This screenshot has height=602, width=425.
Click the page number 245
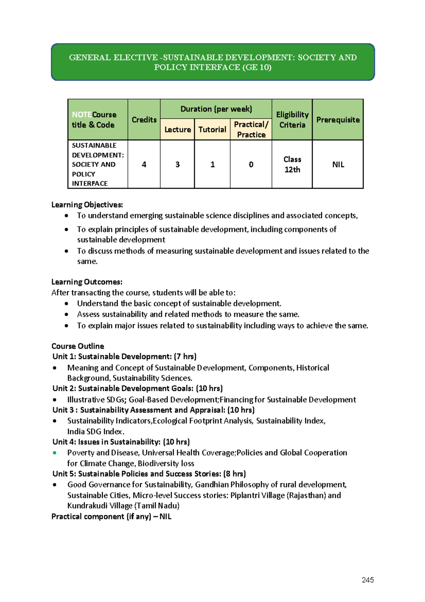[368, 580]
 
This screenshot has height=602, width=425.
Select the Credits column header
[144, 120]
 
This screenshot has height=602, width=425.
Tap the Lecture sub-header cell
[177, 130]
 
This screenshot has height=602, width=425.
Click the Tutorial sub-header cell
[212, 130]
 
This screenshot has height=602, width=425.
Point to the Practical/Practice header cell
[251, 130]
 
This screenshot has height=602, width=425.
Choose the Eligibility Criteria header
[292, 120]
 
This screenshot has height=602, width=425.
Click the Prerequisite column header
[338, 120]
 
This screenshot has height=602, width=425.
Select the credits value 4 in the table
[144, 164]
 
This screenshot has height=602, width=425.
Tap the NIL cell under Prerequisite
[338, 164]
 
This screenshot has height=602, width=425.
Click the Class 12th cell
[292, 164]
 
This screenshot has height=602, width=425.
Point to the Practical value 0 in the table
[251, 164]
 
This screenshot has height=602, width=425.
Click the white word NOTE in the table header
[81, 115]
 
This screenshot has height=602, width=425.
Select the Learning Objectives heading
[87, 205]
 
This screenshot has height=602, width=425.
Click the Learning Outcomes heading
[87, 282]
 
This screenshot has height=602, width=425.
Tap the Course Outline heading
[78, 346]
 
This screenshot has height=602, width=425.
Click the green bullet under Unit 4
[55, 453]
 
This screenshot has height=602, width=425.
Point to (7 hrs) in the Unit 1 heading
[185, 356]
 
